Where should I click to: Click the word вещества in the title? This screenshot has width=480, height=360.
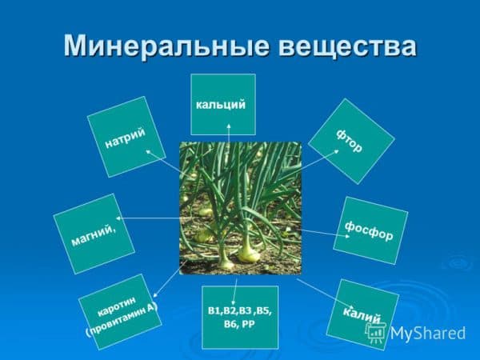[347, 46]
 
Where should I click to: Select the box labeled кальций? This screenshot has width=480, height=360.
[223, 104]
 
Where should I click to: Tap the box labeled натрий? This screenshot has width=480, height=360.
[126, 137]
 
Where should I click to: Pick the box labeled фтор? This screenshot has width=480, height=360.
[351, 141]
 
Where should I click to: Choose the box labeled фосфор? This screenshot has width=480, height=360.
[370, 231]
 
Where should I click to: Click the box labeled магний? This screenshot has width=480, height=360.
[94, 234]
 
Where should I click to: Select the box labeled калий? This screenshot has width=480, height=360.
[362, 314]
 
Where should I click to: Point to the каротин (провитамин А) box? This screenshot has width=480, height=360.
[120, 312]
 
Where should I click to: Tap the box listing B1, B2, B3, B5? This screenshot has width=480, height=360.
[240, 317]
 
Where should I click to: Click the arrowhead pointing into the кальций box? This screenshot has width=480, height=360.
[229, 126]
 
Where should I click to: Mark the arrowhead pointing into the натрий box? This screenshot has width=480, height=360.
[148, 151]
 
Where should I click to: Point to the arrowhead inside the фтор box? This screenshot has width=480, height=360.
[336, 151]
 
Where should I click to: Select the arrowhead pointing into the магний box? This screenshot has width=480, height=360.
[118, 218]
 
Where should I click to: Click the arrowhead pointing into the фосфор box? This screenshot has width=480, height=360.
[347, 236]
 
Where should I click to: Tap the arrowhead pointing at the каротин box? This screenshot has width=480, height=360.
[155, 295]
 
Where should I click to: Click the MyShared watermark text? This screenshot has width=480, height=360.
[428, 333]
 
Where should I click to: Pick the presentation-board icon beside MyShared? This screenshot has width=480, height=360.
[376, 333]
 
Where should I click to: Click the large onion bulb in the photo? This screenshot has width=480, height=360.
[249, 252]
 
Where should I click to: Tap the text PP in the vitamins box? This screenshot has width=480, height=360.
[248, 324]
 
